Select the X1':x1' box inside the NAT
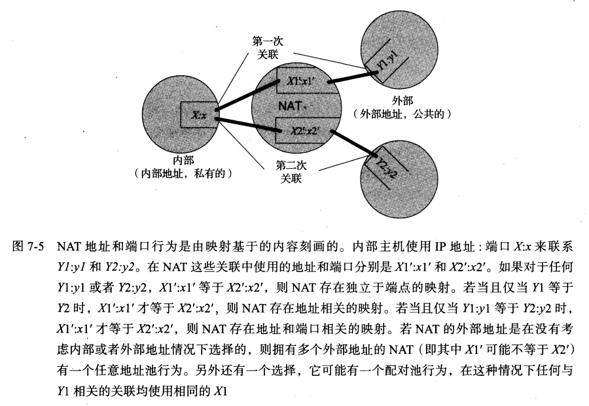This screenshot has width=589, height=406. (302, 82)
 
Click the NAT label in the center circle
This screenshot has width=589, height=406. (289, 105)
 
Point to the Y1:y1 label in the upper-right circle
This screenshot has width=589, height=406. (389, 63)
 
